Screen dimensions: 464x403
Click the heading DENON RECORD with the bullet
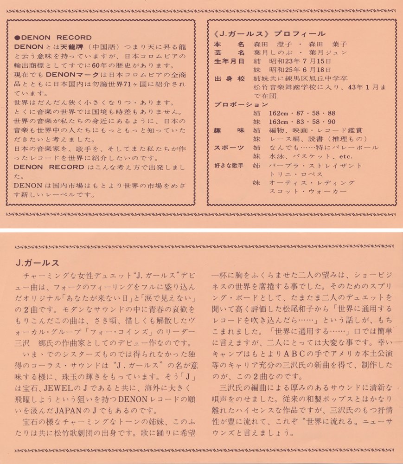(x=53, y=38)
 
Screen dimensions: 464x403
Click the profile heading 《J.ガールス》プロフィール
(x=269, y=34)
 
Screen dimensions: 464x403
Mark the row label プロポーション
(x=241, y=104)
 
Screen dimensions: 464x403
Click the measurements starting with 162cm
(x=302, y=113)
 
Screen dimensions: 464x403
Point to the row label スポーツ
(x=229, y=148)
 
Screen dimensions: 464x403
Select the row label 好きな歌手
(x=229, y=165)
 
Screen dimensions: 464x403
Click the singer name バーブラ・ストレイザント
(x=315, y=165)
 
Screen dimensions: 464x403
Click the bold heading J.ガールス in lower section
(x=37, y=263)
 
